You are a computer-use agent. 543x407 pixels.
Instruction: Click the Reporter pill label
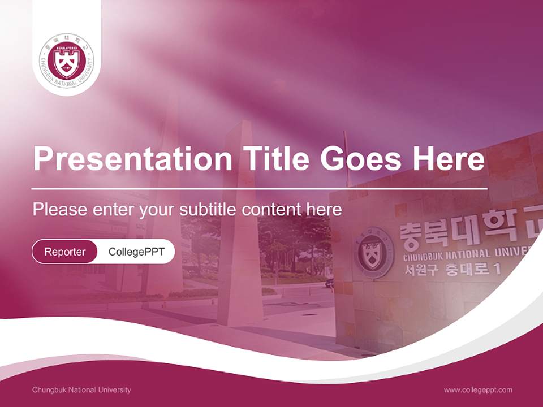pyautogui.click(x=65, y=252)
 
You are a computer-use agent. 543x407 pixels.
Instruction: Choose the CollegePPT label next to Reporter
pyautogui.click(x=136, y=252)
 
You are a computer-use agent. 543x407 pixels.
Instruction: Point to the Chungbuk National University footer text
pyautogui.click(x=81, y=389)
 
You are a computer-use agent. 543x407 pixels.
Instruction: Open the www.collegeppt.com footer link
pyautogui.click(x=478, y=389)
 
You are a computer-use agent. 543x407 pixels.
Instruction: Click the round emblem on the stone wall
pyautogui.click(x=375, y=252)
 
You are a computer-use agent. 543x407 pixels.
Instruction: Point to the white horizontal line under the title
pyautogui.click(x=260, y=188)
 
